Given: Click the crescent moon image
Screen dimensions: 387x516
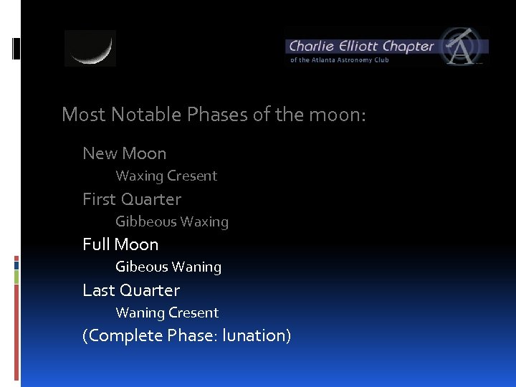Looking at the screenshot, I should tap(90, 48).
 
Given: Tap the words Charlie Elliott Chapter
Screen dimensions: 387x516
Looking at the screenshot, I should tap(360, 47).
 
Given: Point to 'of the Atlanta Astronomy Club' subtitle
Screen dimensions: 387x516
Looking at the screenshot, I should tap(339, 60).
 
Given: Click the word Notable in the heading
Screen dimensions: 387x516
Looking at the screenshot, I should tap(140, 115).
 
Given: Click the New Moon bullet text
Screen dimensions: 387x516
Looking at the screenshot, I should tap(124, 153).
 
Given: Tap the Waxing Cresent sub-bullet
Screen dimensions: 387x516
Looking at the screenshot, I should tap(166, 176).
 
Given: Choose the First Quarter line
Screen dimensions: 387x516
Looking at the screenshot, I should tap(132, 199).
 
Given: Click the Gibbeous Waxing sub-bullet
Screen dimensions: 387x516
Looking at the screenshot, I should tap(172, 222).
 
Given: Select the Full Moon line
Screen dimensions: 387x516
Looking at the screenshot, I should tap(120, 244).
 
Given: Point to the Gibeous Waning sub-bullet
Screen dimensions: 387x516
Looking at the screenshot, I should tap(168, 267).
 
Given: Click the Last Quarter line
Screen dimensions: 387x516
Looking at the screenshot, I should tap(131, 290).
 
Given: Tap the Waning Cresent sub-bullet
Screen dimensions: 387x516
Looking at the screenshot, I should tap(167, 313).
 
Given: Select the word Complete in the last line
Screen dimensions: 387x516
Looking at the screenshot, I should tap(127, 336).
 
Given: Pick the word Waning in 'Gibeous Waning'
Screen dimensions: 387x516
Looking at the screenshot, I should tap(195, 267).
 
